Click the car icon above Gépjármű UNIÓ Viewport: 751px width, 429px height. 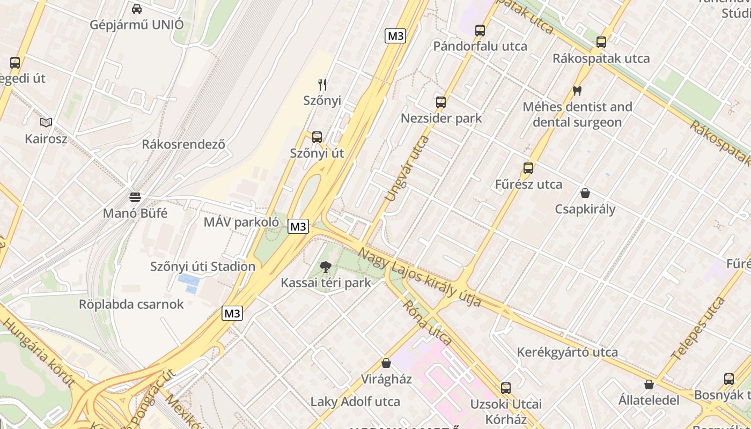pyautogui.click(x=137, y=9)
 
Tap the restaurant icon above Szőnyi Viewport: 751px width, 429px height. pyautogui.click(x=322, y=84)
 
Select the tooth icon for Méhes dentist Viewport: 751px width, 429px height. pyautogui.click(x=577, y=91)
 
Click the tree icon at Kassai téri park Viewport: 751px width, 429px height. pyautogui.click(x=326, y=267)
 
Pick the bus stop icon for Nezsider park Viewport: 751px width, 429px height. pyautogui.click(x=441, y=102)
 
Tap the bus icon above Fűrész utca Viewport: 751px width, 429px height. pyautogui.click(x=528, y=168)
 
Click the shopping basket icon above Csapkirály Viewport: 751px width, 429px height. pyautogui.click(x=585, y=193)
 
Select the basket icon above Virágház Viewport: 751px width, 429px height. pyautogui.click(x=386, y=363)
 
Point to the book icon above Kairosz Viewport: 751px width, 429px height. pyautogui.click(x=46, y=123)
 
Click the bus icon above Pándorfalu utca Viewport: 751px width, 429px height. pyautogui.click(x=480, y=30)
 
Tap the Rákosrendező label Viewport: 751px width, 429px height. pyautogui.click(x=183, y=144)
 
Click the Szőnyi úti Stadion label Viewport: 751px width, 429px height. pyautogui.click(x=203, y=266)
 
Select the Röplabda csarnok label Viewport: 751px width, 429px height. pyautogui.click(x=131, y=304)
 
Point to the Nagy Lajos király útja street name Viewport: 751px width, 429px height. pyautogui.click(x=419, y=277)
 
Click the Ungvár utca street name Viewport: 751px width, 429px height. pyautogui.click(x=408, y=168)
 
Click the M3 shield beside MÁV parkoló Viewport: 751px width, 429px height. pyautogui.click(x=298, y=226)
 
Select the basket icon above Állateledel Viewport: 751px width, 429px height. pyautogui.click(x=649, y=384)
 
